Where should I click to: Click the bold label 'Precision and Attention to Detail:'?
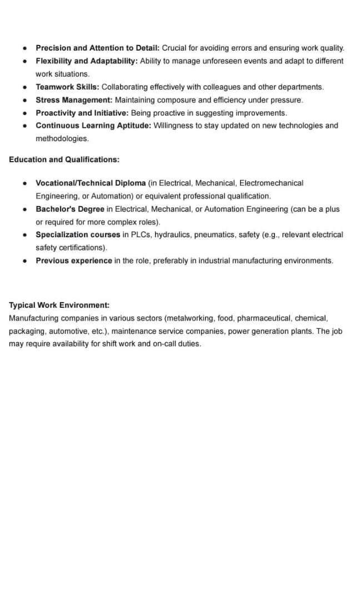[x=97, y=48]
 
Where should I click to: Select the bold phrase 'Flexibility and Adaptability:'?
[x=87, y=61]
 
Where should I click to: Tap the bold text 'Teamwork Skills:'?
[x=67, y=87]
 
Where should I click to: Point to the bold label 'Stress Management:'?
[x=74, y=100]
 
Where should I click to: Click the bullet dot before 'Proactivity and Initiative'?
[x=25, y=113]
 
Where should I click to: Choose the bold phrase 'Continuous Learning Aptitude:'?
[x=93, y=126]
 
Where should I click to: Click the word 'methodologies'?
[x=62, y=138]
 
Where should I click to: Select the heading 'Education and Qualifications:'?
[x=64, y=159]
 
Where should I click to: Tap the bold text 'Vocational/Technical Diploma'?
[x=91, y=183]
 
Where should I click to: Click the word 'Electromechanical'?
[x=271, y=183]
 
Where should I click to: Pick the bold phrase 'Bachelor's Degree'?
[x=70, y=209]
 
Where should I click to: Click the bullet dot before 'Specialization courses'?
[x=25, y=235]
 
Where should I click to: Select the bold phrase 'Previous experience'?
[x=74, y=261]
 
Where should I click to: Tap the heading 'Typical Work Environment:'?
[x=59, y=306]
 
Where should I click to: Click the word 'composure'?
[x=174, y=100]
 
